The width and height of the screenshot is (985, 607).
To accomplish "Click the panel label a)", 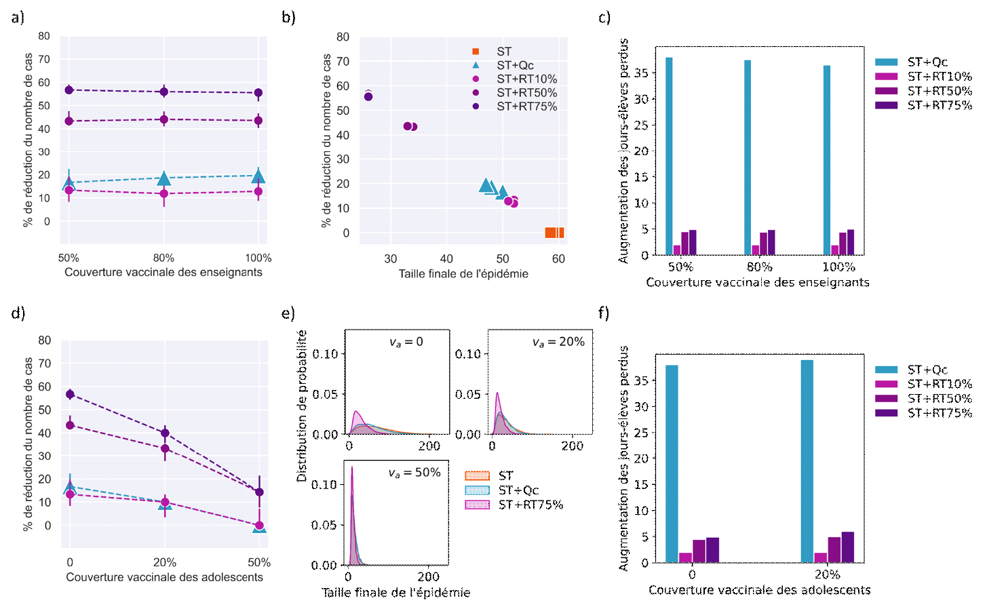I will pyautogui.click(x=18, y=17).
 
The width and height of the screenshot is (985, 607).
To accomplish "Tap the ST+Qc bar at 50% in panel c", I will pyautogui.click(x=669, y=156).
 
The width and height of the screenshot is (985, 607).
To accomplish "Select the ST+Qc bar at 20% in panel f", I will pyautogui.click(x=807, y=461).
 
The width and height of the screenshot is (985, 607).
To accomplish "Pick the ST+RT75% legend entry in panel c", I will pyautogui.click(x=940, y=105).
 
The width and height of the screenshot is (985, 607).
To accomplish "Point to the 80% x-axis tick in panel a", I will pyautogui.click(x=163, y=258).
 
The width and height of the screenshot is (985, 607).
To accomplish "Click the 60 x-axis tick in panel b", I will pyautogui.click(x=558, y=258).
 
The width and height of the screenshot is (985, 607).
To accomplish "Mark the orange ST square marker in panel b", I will pyautogui.click(x=554, y=233).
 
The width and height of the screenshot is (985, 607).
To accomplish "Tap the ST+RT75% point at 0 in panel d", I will pyautogui.click(x=69, y=394).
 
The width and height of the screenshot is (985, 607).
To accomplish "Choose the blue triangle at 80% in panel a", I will pyautogui.click(x=163, y=178).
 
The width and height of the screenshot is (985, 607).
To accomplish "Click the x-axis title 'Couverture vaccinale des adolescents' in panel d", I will pyautogui.click(x=164, y=577).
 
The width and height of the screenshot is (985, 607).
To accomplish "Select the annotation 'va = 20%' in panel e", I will pyautogui.click(x=558, y=342).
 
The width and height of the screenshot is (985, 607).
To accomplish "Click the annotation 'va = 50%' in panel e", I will pyautogui.click(x=414, y=473).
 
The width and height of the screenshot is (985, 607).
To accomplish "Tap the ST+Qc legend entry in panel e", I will pyautogui.click(x=518, y=490).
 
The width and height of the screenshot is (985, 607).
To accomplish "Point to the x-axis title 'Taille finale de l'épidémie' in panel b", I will pyautogui.click(x=463, y=274).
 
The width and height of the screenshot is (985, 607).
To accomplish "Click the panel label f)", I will pyautogui.click(x=603, y=313).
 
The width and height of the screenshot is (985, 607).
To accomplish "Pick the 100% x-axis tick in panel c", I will pyautogui.click(x=838, y=267).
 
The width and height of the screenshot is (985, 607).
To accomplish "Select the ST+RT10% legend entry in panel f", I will pyautogui.click(x=940, y=384).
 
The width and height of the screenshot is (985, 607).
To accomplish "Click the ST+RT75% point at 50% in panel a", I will pyautogui.click(x=69, y=90).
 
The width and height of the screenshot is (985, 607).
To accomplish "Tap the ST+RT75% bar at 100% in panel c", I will pyautogui.click(x=851, y=242).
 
